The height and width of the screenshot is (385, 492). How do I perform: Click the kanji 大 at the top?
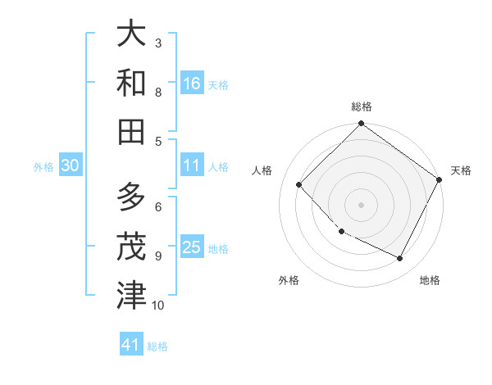coord(131,34)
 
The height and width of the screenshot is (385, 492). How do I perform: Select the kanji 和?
coord(131,82)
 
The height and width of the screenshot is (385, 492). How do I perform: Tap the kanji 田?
coord(131,130)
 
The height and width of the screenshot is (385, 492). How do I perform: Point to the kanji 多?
coord(131,198)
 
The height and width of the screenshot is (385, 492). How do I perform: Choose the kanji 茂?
coord(131,246)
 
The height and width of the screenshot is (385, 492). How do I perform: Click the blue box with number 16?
coord(192,83)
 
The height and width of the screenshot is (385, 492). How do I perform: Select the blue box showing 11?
coord(192,165)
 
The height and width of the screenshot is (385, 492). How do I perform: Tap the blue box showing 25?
coord(192,247)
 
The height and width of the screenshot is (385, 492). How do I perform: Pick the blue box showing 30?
coord(70,165)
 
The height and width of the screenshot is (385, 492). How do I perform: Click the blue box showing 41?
coord(131,345)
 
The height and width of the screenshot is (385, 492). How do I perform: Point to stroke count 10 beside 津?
coord(158,306)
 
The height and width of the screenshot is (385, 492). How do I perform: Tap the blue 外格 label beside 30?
coord(43,166)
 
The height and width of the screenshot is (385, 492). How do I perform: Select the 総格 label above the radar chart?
coord(362,107)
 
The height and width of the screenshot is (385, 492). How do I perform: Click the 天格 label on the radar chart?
coord(461,170)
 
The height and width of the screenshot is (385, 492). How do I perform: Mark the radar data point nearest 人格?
coord(299,184)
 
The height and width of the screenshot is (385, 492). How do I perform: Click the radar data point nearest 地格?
coord(400,259)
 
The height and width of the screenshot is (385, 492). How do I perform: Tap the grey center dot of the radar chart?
coord(362,205)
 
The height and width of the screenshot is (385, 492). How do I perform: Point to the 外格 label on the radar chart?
coord(289,280)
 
